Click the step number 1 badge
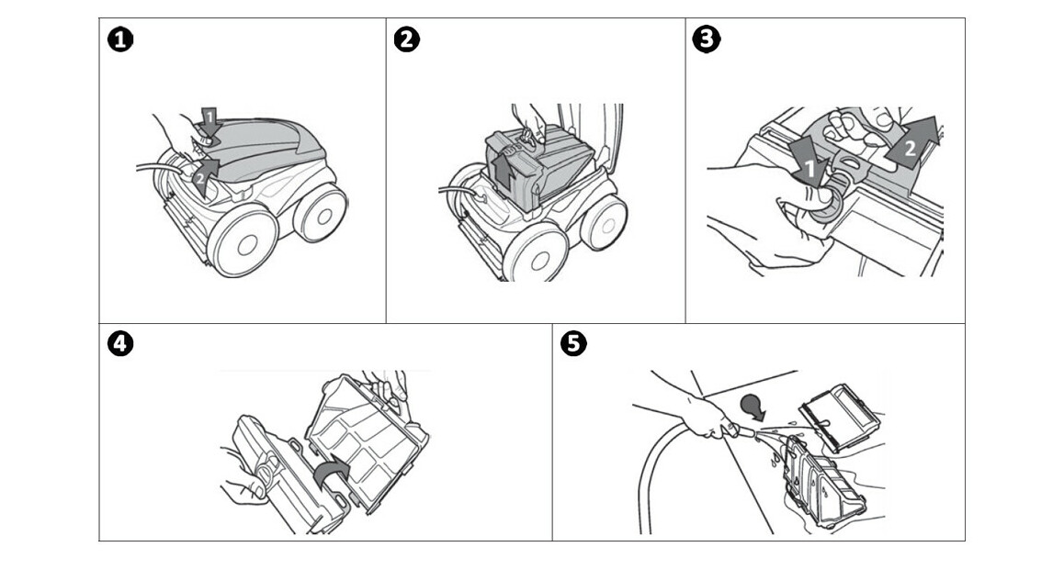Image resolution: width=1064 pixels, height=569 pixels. tap(119, 39)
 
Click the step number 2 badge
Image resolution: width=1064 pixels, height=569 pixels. tap(404, 39)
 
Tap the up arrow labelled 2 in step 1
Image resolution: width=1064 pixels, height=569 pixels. tap(204, 173)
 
